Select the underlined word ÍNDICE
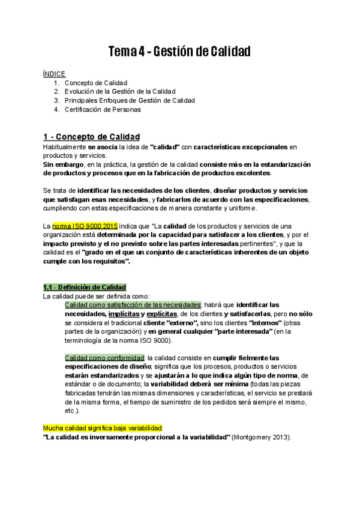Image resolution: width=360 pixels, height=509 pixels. coord(54,73)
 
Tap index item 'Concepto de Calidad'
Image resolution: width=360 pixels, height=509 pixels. coord(96,82)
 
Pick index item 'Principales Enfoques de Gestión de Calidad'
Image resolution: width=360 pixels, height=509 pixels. coord(130,100)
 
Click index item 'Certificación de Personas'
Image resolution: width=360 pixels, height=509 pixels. coord(103,109)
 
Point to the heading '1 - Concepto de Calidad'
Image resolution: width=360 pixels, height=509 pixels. coord(92,136)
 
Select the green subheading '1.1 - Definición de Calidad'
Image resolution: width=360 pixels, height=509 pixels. coord(84,286)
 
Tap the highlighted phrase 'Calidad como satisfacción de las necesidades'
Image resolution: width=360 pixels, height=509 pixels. coord(133,304)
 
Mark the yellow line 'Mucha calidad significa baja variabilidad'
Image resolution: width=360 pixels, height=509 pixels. coord(103,428)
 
